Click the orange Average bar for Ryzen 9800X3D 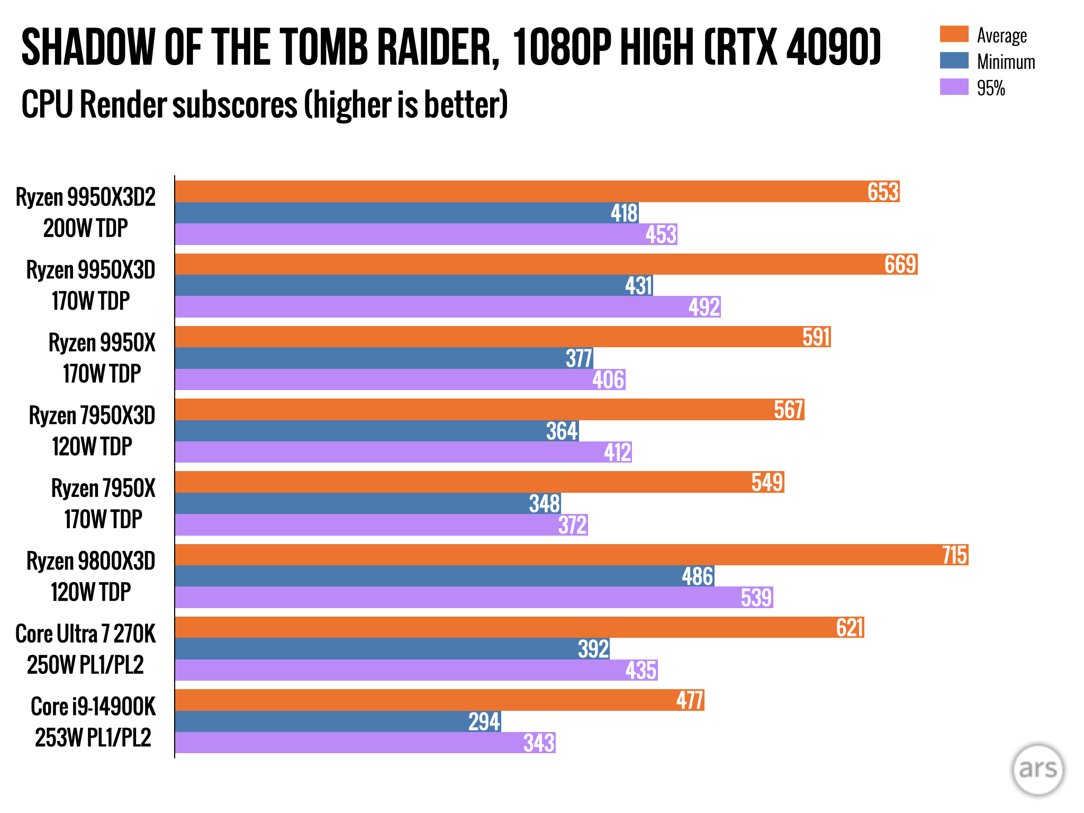[x=572, y=555]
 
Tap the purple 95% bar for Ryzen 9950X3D [x=447, y=307]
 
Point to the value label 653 [x=883, y=192]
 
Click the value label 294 [x=484, y=721]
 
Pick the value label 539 [x=756, y=598]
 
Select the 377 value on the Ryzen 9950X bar [x=579, y=358]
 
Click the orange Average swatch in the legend [x=954, y=34]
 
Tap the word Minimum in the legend [x=1006, y=62]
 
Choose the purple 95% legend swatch [x=954, y=87]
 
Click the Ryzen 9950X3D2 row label [x=86, y=212]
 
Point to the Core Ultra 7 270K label [x=86, y=649]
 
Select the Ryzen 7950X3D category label [x=92, y=431]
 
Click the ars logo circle [x=1037, y=769]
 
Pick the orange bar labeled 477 [x=439, y=700]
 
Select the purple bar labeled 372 [x=381, y=525]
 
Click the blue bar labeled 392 [x=392, y=649]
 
